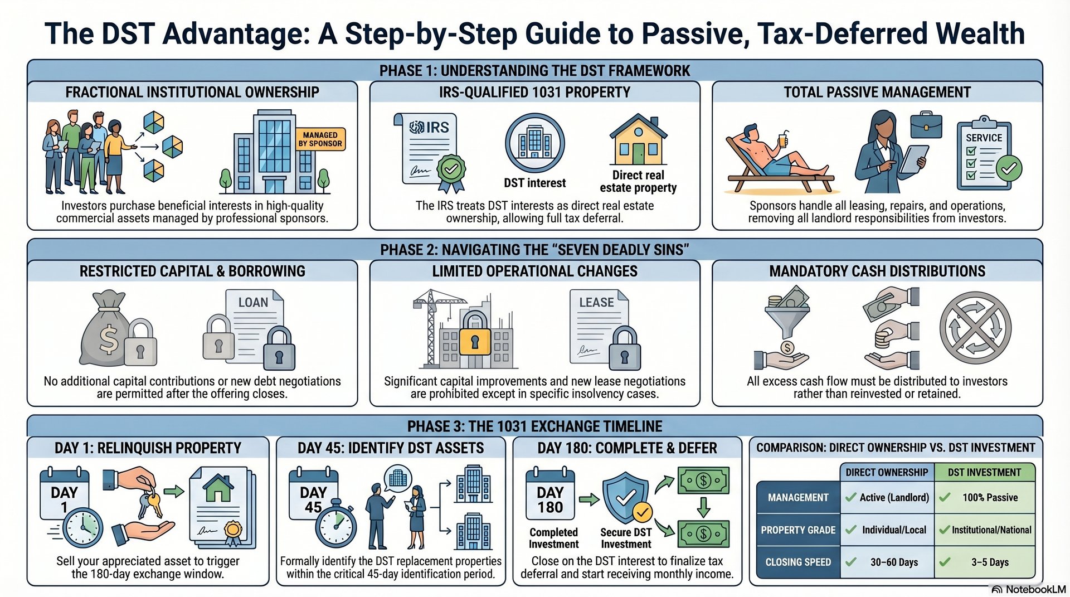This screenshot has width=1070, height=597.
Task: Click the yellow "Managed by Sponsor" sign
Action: [320, 139]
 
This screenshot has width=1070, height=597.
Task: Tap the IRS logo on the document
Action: [429, 128]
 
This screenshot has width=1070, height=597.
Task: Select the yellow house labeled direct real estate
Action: [638, 140]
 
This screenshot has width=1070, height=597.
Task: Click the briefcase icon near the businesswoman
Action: [926, 126]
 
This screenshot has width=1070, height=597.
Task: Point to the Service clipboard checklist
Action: [984, 154]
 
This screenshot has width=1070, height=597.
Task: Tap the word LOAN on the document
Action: [253, 303]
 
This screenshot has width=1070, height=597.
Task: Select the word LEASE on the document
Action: [596, 303]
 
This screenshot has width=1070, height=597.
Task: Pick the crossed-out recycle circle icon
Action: [975, 328]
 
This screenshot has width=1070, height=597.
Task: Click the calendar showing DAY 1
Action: [64, 493]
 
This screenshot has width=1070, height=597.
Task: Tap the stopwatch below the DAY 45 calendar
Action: [336, 524]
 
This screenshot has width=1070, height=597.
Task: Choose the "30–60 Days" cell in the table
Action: [894, 562]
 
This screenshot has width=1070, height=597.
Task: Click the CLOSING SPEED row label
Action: [798, 562]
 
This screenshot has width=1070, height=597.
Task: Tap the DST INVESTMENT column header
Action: [984, 472]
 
